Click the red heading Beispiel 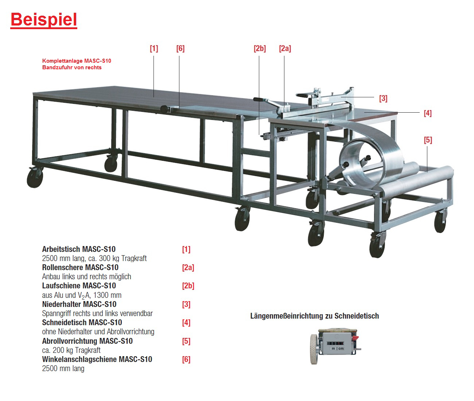pyautogui.click(x=43, y=20)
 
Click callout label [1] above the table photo pyautogui.click(x=154, y=48)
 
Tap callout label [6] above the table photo pyautogui.click(x=180, y=48)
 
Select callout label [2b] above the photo pyautogui.click(x=260, y=48)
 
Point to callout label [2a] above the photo pyautogui.click(x=285, y=48)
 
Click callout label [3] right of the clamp pyautogui.click(x=383, y=98)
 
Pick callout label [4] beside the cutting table pyautogui.click(x=428, y=113)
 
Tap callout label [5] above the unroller pyautogui.click(x=428, y=140)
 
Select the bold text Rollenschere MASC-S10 pyautogui.click(x=80, y=267)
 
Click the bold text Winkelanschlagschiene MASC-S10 pyautogui.click(x=97, y=359)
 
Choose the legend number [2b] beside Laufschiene pyautogui.click(x=188, y=286)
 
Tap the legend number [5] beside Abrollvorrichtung pyautogui.click(x=186, y=341)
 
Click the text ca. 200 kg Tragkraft pyautogui.click(x=71, y=350)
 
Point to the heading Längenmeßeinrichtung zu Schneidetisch pyautogui.click(x=314, y=316)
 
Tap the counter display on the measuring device pyautogui.click(x=335, y=343)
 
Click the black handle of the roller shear pyautogui.click(x=259, y=100)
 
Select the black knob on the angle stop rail pyautogui.click(x=164, y=109)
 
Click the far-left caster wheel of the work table pyautogui.click(x=35, y=179)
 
